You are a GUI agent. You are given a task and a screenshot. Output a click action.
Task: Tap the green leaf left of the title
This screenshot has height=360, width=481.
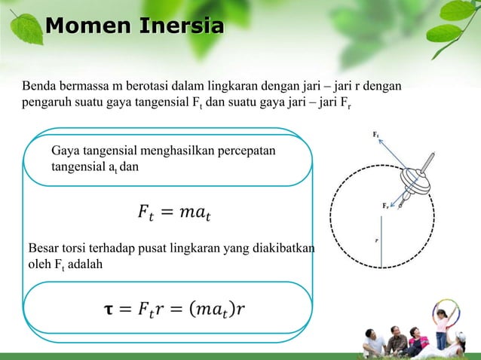[x=28, y=29]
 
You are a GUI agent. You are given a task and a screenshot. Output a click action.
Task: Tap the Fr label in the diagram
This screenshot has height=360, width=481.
[x=385, y=204]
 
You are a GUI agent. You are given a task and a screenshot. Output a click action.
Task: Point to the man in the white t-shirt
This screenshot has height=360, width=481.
[x=375, y=343]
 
